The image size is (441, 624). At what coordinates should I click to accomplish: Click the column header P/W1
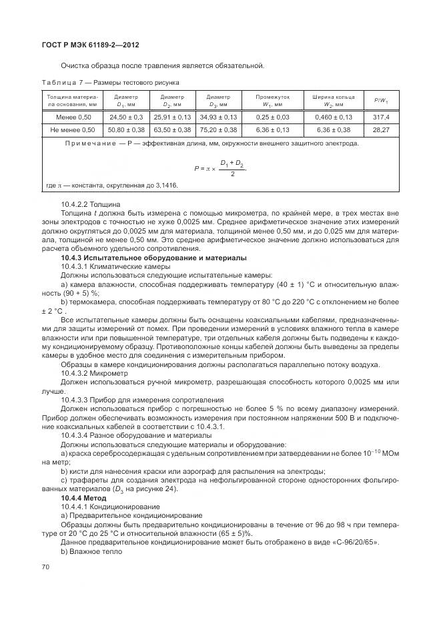(x=381, y=101)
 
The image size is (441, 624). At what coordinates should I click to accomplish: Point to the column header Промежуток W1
(x=272, y=101)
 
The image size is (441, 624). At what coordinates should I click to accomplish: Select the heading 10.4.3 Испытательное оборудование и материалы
(x=153, y=257)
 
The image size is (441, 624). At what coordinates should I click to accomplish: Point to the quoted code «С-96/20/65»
(x=355, y=543)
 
